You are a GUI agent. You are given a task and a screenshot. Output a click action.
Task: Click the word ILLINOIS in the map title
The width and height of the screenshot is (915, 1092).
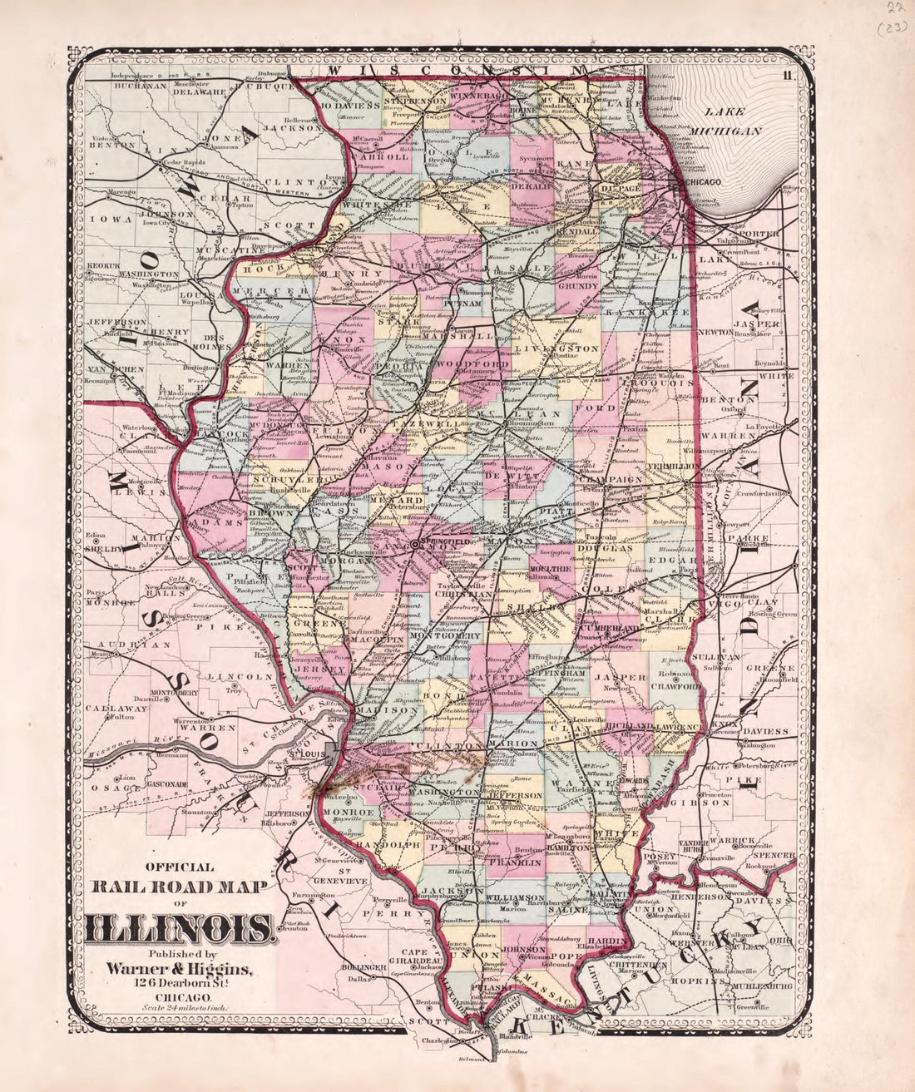pos(179,926)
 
